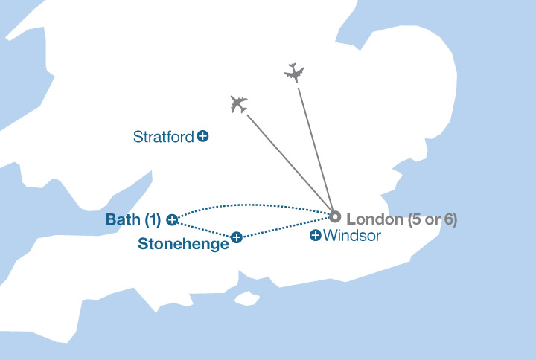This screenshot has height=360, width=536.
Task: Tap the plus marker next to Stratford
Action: (203, 136)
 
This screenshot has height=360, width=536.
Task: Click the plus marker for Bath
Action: (172, 219)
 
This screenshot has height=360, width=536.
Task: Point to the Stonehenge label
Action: (183, 243)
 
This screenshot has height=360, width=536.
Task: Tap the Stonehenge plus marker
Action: (236, 237)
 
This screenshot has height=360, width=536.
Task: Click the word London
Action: (374, 219)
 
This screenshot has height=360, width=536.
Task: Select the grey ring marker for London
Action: (335, 217)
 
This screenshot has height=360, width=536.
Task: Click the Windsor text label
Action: (352, 236)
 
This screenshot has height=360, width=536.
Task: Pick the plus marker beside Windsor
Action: (315, 236)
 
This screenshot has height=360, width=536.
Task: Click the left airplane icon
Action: (238, 104)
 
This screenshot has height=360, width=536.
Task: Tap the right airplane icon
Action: (295, 73)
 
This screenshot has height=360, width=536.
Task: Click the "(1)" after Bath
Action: (153, 220)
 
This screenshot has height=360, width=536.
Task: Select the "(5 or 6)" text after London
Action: (432, 219)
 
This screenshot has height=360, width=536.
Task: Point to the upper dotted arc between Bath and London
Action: (253, 205)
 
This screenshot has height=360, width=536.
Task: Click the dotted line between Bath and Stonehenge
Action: (204, 228)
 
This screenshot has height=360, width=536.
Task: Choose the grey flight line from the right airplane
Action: (315, 149)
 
